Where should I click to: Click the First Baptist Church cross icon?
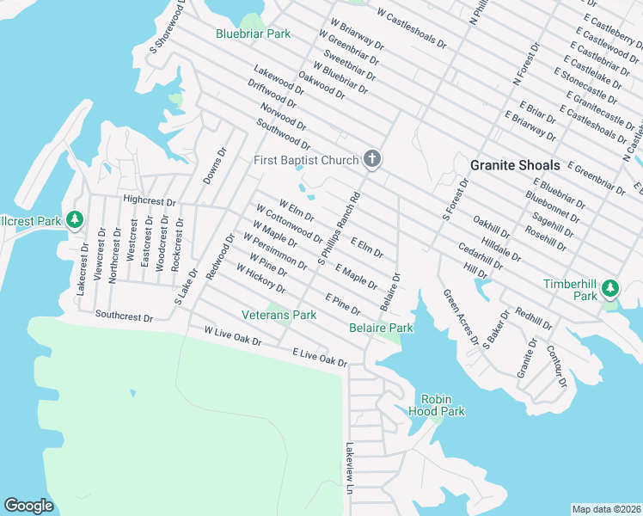tap(371, 159)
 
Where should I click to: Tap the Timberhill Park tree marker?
tap(610, 286)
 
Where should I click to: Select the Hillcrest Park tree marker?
tap(75, 220)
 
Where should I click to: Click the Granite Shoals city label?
tap(515, 164)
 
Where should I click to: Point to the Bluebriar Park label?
tap(253, 34)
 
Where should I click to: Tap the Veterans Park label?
tap(279, 316)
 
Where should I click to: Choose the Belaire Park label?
tap(381, 328)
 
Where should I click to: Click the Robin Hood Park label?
tap(442, 405)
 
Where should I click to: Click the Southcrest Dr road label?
tap(124, 316)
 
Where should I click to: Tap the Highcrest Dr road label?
tap(149, 200)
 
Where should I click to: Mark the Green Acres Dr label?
tap(461, 317)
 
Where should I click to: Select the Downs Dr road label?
tap(214, 165)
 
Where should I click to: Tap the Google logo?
tap(28, 506)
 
